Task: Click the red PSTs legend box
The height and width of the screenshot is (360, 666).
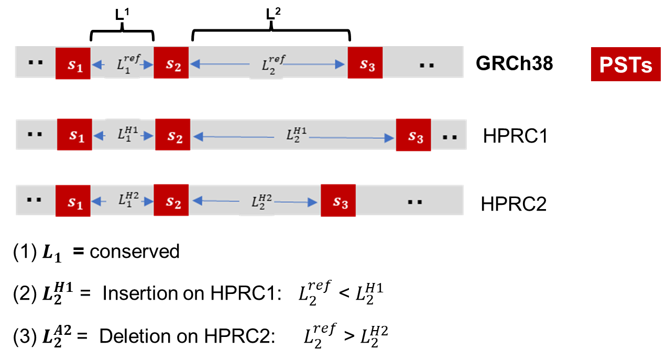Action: click(626, 64)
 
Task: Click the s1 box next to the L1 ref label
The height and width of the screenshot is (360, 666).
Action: click(73, 63)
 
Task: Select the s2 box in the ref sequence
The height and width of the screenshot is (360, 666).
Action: click(171, 63)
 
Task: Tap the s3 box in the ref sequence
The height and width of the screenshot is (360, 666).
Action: click(365, 63)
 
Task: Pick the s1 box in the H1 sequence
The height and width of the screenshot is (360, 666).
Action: click(74, 135)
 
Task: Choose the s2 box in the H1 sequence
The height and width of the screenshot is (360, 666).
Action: click(172, 135)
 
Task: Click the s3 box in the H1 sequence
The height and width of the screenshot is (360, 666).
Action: click(413, 135)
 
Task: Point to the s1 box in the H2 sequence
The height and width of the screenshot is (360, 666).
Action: click(73, 201)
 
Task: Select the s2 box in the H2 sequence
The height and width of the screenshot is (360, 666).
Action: click(171, 201)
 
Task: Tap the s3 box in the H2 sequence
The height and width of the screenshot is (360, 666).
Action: click(338, 201)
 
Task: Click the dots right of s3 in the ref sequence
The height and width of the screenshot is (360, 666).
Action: click(427, 66)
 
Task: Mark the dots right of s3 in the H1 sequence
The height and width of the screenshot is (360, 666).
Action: click(450, 137)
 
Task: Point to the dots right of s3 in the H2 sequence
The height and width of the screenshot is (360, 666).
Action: click(415, 202)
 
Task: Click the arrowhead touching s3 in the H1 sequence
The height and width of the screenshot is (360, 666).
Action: click(389, 138)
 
